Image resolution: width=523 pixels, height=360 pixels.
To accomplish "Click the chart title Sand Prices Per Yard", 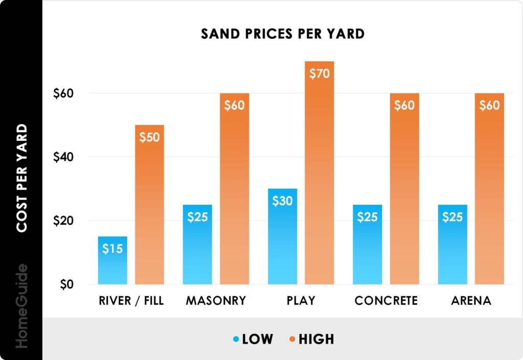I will (282, 34).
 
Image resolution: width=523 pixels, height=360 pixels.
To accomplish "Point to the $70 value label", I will (319, 74).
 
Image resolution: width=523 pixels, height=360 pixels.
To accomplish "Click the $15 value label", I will (112, 250).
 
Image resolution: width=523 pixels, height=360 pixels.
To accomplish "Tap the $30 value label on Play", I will (282, 201).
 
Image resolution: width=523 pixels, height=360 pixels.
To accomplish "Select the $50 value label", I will (149, 137).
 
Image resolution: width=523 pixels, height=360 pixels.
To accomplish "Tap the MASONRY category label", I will (216, 301).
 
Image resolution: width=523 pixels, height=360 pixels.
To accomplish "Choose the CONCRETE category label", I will (386, 301).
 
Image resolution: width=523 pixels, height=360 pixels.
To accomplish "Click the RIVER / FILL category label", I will (131, 301).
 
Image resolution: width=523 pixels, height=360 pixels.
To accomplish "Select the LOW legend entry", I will (257, 339).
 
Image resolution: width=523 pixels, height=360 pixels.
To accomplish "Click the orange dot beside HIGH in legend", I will (293, 339).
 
